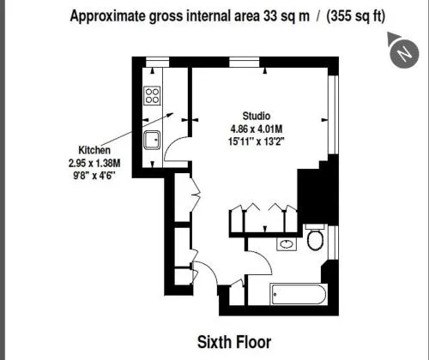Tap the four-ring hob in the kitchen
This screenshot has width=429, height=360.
click(152, 96)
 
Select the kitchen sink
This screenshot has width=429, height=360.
click(152, 140)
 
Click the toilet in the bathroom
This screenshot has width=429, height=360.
click(316, 237)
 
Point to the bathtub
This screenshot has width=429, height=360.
click(299, 294)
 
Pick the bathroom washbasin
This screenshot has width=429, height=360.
click(287, 244)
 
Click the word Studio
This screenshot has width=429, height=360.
click(257, 116)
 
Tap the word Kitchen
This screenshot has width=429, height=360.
click(94, 150)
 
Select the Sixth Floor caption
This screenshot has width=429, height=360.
click(234, 342)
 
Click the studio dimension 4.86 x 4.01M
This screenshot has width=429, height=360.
click(257, 129)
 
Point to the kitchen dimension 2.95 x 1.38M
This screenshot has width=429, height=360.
click(94, 163)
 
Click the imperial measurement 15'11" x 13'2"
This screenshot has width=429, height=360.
click(257, 141)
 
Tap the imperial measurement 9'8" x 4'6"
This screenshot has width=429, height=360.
click(94, 175)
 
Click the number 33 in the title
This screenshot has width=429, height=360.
click(270, 15)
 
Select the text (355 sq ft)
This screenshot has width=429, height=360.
click(355, 16)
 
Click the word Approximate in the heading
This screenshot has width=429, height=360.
click(108, 16)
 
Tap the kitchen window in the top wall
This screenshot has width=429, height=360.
click(157, 62)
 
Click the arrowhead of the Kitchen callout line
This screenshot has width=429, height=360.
click(171, 114)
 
